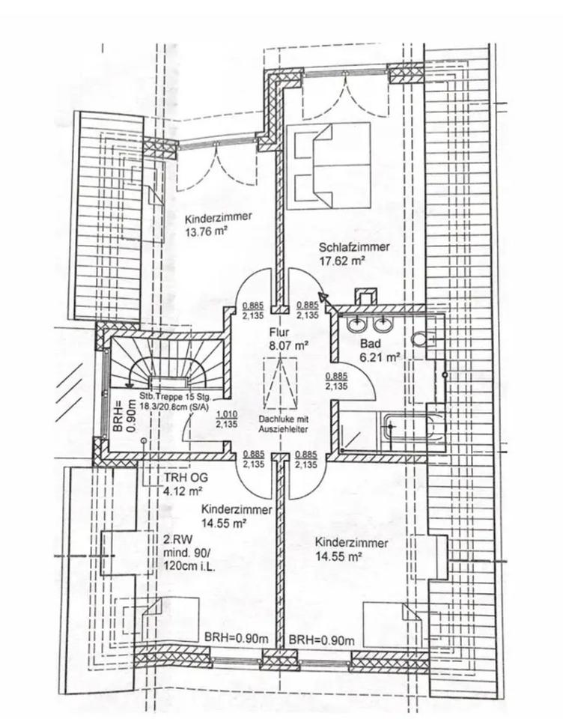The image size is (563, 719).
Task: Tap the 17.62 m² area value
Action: coord(341,261)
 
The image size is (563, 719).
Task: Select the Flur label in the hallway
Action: coord(278,330)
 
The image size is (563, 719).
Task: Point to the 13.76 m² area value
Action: coord(207,232)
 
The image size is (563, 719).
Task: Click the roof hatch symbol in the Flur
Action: coord(279,381)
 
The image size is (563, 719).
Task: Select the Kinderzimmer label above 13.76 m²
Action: coord(219,218)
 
